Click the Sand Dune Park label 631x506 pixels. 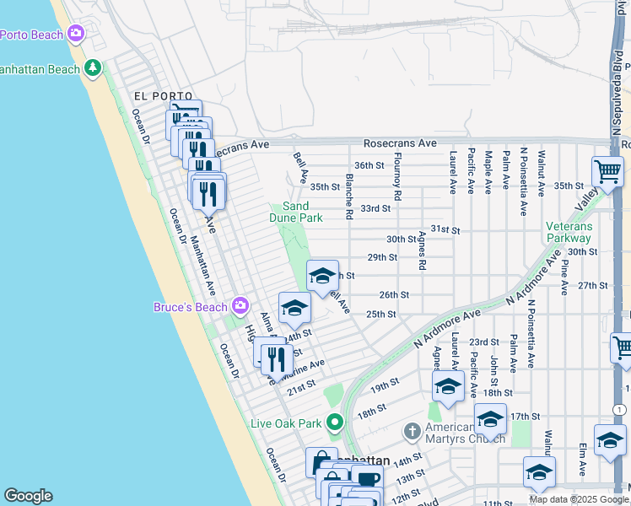click(302, 212)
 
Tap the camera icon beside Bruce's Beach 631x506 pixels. click(240, 305)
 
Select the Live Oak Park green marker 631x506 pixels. click(335, 422)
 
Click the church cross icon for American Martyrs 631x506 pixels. click(412, 432)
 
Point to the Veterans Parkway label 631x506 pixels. click(569, 232)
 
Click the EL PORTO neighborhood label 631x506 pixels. click(163, 97)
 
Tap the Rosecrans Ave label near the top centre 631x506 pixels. click(400, 144)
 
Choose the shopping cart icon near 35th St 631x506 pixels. click(607, 172)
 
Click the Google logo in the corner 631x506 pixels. click(28, 496)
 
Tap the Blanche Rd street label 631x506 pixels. click(348, 196)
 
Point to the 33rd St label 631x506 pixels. click(375, 208)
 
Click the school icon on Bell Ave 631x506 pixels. click(321, 277)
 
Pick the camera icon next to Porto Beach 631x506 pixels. click(77, 34)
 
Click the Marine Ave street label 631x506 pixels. click(304, 368)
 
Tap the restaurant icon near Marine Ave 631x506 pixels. click(277, 359)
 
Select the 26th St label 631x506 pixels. click(394, 295)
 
